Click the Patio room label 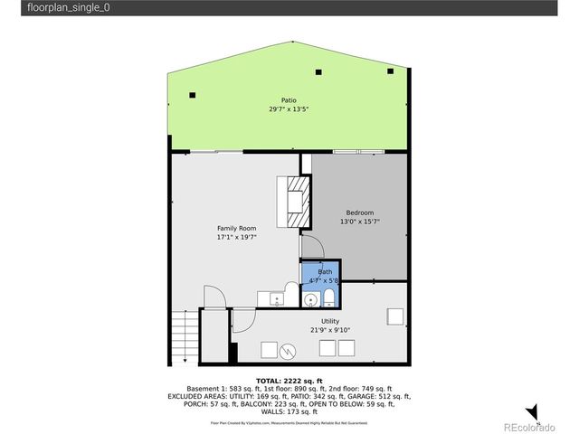289,100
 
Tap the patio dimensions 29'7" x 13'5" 289,109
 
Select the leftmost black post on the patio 192,94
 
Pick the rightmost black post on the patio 390,71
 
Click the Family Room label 236,228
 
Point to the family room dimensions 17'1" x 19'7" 236,237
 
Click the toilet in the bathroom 329,300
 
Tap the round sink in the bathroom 310,300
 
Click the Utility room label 330,321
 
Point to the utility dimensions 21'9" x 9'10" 330,330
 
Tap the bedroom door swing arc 310,246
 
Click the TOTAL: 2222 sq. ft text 289,380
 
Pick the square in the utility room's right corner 394,316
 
